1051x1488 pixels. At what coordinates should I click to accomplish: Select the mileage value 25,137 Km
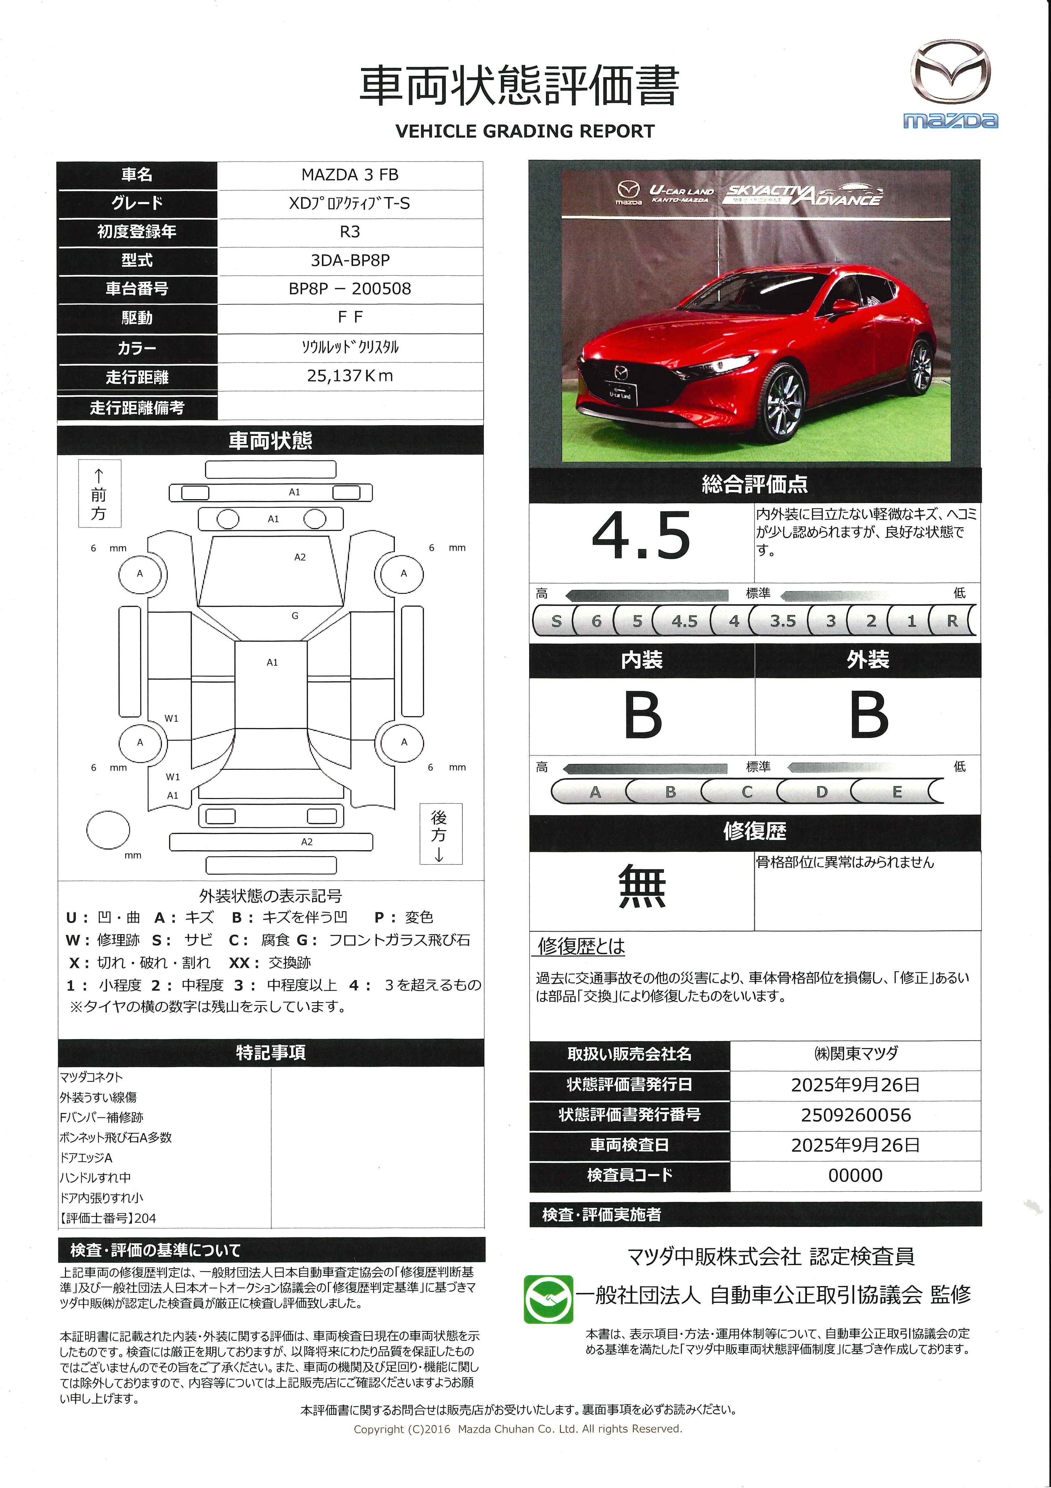(x=350, y=376)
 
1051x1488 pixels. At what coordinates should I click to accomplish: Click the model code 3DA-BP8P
(x=350, y=260)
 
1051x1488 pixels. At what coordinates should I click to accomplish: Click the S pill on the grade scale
(x=556, y=621)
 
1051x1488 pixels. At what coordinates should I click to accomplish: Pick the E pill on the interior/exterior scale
(x=897, y=792)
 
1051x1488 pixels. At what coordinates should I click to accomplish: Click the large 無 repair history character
(x=641, y=886)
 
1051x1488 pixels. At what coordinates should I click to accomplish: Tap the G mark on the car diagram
(x=295, y=616)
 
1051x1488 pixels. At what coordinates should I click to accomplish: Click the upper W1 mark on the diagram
(x=171, y=718)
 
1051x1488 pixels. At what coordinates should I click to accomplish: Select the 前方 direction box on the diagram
(x=99, y=494)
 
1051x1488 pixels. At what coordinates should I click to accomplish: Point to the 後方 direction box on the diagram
(x=440, y=834)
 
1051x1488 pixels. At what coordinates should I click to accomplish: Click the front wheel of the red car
(x=785, y=402)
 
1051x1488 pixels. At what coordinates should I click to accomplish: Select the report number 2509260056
(x=855, y=1115)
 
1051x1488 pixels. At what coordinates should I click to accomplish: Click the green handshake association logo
(x=548, y=1299)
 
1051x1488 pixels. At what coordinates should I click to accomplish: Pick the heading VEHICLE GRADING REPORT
(x=525, y=132)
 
